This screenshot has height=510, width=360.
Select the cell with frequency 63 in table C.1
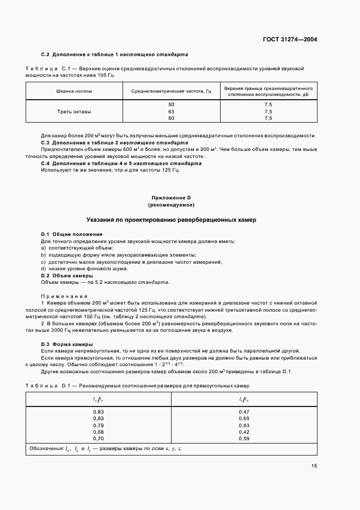click(171, 111)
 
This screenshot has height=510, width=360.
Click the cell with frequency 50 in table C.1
click(171, 104)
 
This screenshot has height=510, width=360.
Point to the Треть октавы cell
click(74, 111)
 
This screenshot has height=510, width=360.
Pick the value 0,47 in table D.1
click(244, 411)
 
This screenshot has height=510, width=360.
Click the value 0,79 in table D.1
click(99, 425)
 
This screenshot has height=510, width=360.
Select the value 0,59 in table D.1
click(244, 438)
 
